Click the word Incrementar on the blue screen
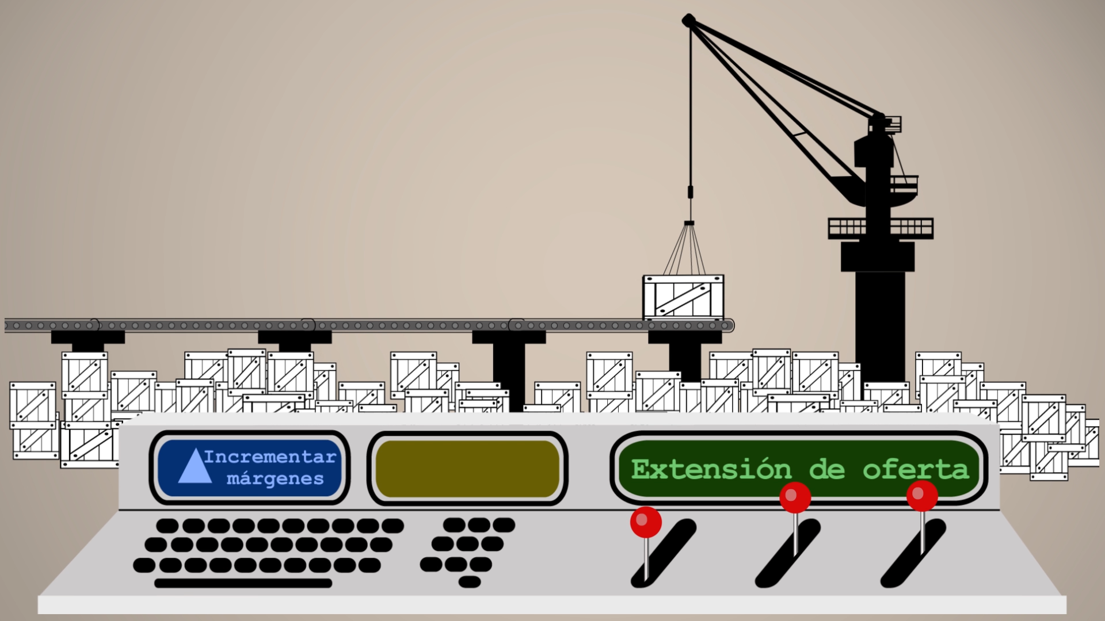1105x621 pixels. pyautogui.click(x=269, y=457)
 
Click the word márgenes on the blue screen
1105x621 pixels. pyautogui.click(x=275, y=479)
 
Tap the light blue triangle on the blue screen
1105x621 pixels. pyautogui.click(x=195, y=466)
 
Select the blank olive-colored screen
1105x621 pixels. pyautogui.click(x=467, y=469)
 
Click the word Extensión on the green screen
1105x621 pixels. pyautogui.click(x=711, y=470)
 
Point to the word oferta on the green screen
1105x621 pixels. pyautogui.click(x=916, y=470)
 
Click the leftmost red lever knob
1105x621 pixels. pyautogui.click(x=646, y=522)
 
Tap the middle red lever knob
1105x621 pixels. pyautogui.click(x=795, y=497)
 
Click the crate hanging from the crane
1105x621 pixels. pyautogui.click(x=683, y=297)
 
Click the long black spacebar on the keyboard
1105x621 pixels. pyautogui.click(x=243, y=583)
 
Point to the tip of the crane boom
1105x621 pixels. pyautogui.click(x=688, y=21)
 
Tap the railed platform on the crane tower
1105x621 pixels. pyautogui.click(x=881, y=228)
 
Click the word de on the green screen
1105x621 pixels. pyautogui.click(x=827, y=470)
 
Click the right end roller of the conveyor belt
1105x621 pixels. pyautogui.click(x=730, y=326)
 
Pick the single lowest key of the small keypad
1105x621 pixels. pyautogui.click(x=470, y=582)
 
